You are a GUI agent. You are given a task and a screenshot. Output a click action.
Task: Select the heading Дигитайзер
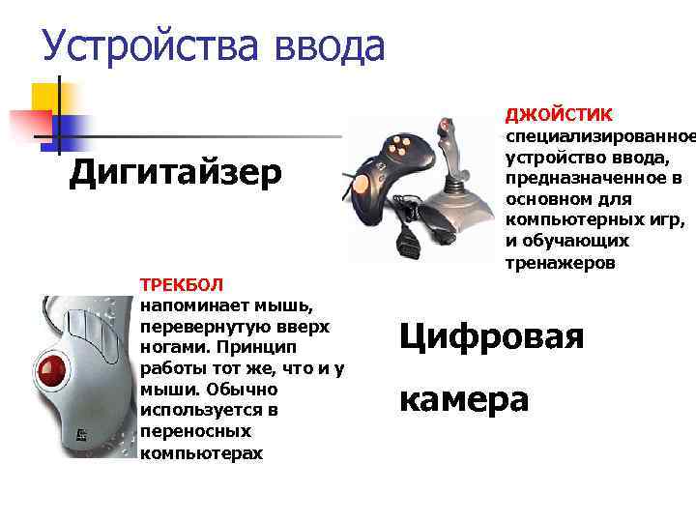[176, 173]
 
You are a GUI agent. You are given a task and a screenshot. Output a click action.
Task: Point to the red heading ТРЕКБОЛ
[182, 284]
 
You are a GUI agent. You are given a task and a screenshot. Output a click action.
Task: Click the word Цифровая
[492, 336]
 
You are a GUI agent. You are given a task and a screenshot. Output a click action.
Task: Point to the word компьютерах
[200, 452]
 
